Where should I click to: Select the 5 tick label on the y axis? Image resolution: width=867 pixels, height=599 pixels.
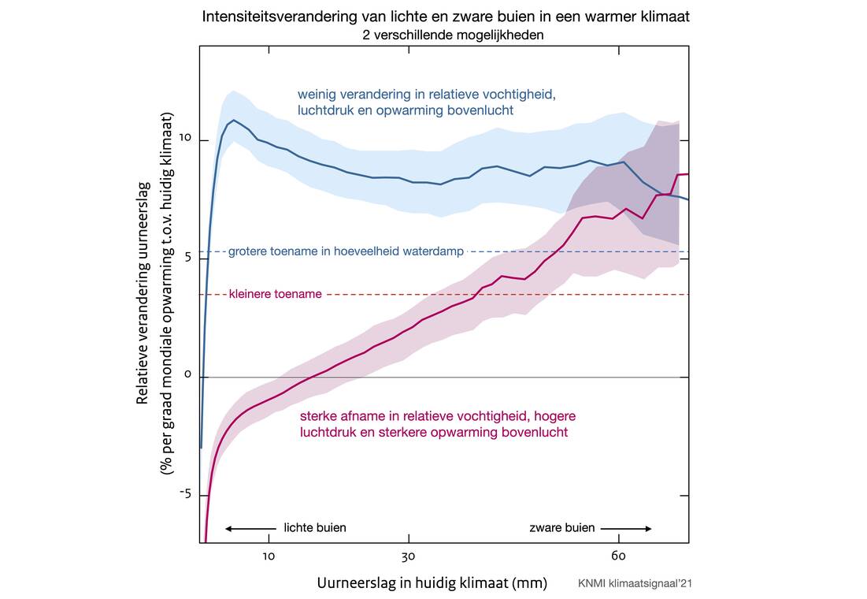182,259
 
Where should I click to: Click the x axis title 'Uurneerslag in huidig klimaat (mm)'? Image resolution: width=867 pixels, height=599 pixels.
432,583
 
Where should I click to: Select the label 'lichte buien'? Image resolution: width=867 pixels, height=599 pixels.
315,528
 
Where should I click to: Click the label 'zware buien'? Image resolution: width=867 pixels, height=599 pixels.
562,528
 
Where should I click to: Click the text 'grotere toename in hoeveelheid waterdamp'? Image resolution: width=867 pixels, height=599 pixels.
346,252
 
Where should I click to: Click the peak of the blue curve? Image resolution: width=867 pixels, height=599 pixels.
233,121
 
